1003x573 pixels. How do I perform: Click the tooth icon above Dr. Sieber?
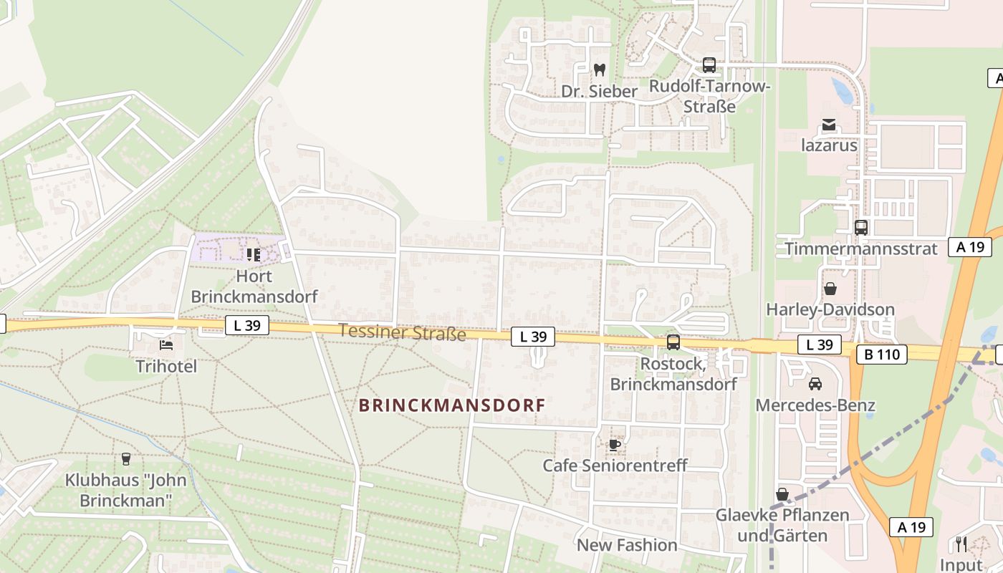point(600,70)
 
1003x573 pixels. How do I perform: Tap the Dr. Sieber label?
point(599,92)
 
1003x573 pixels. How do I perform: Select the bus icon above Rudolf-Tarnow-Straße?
point(709,65)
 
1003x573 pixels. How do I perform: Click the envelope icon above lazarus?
point(829,125)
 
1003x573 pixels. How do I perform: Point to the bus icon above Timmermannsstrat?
point(861,228)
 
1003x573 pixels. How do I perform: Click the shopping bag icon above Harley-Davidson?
point(830,289)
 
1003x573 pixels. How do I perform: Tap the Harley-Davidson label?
point(830,309)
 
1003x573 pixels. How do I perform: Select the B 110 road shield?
point(881,354)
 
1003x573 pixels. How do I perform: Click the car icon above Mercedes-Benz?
point(815,385)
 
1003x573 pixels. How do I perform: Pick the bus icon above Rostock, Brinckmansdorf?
point(673,342)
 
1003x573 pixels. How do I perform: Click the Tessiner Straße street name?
point(402,332)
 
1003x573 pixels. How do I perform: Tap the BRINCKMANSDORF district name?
point(451,405)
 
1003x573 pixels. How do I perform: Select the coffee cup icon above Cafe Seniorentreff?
point(614,445)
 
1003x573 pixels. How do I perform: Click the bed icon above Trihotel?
point(166,345)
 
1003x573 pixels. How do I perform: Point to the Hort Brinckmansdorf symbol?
point(253,254)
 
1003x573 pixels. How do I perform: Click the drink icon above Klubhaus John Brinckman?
point(126,458)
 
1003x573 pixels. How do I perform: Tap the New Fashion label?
point(627,545)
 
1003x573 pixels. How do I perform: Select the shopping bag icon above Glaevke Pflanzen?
point(782,494)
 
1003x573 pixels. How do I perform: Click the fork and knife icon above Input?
point(961,544)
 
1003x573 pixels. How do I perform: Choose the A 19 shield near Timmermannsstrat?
point(969,247)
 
